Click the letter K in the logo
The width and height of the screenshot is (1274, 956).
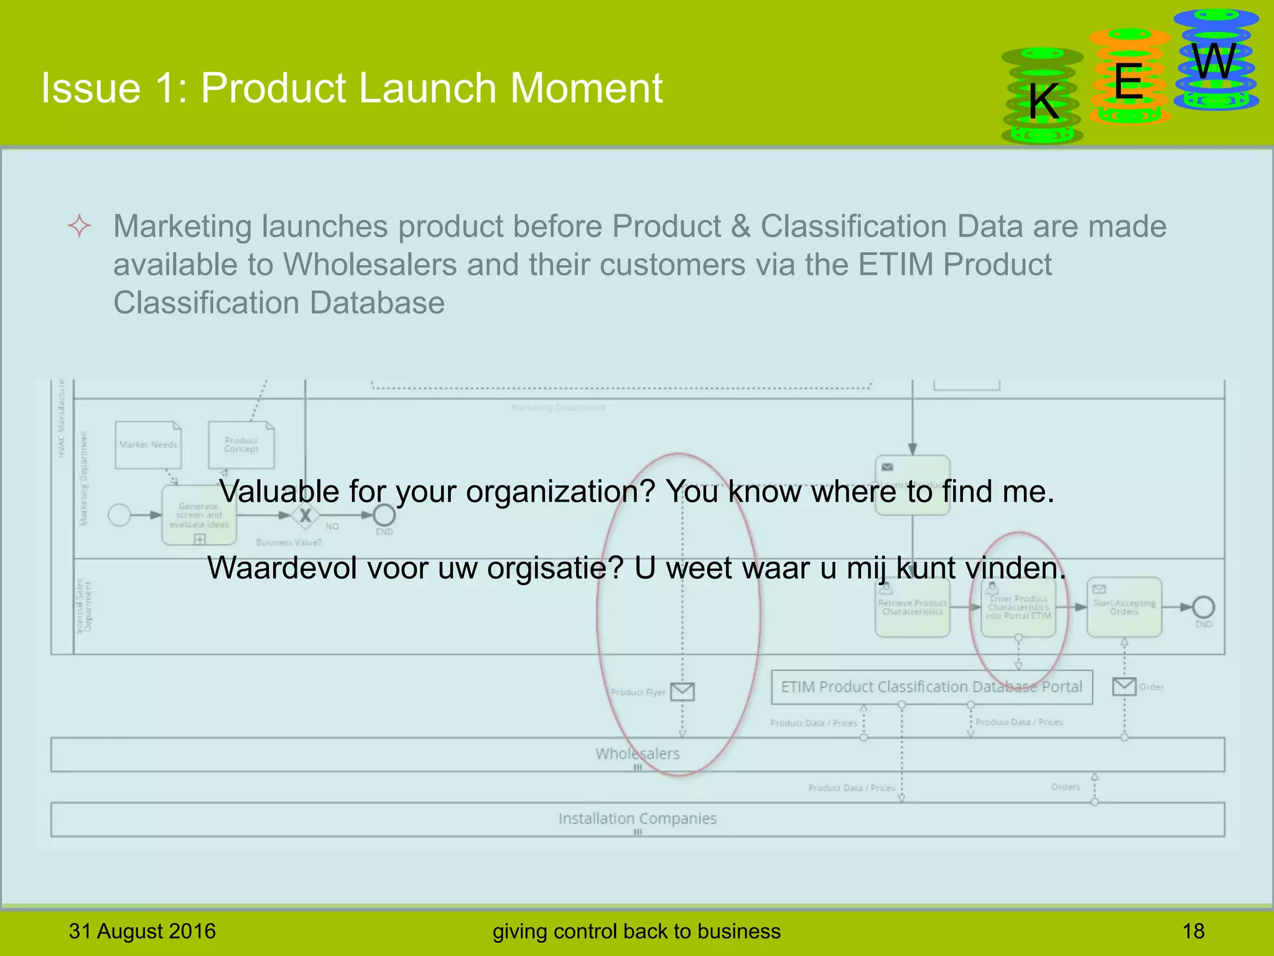[1043, 101]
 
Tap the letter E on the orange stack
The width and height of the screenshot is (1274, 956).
[1128, 82]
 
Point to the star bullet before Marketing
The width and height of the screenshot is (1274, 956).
[80, 225]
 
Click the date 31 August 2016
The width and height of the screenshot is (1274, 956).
[142, 931]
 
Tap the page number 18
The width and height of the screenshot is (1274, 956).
[1193, 931]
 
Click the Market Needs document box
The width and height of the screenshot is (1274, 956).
[148, 445]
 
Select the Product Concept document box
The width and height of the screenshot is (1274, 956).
[241, 445]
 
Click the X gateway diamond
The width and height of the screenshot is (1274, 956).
[305, 515]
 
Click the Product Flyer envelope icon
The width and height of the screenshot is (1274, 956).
[682, 691]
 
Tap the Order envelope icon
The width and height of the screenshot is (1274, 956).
[1124, 687]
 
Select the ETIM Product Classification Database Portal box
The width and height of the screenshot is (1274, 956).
[931, 687]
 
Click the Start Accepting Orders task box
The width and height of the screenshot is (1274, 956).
[1124, 607]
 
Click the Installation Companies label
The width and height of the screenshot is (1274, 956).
[637, 818]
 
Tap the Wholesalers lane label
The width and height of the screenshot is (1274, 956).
[637, 754]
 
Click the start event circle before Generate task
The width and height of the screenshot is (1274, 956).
[119, 515]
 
